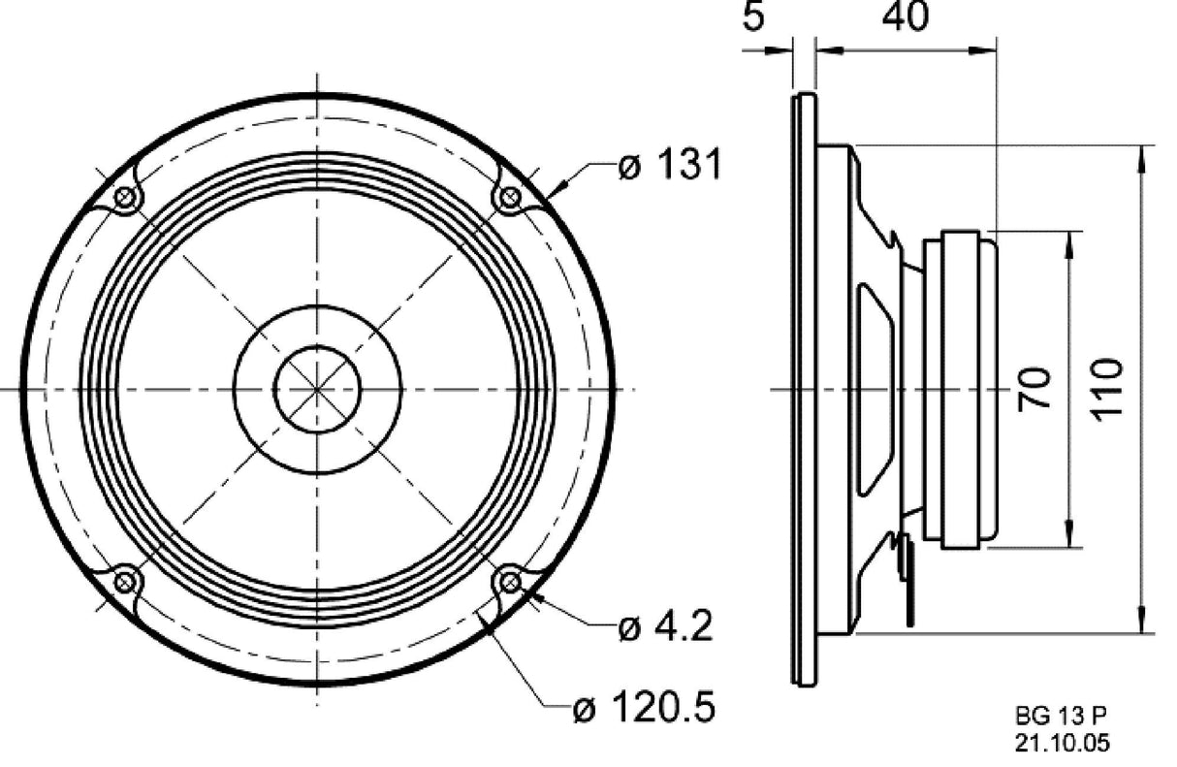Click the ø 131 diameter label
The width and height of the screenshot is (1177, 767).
pyautogui.click(x=670, y=166)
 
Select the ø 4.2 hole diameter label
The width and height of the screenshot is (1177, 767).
pyautogui.click(x=665, y=628)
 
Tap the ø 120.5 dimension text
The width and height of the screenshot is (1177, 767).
pyautogui.click(x=644, y=709)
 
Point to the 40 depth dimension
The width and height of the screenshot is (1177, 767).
pyautogui.click(x=905, y=16)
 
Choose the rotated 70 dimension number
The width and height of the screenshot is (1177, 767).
pyautogui.click(x=1035, y=389)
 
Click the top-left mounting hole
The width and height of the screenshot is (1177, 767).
pyautogui.click(x=124, y=198)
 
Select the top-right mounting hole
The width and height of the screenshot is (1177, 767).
pyautogui.click(x=508, y=198)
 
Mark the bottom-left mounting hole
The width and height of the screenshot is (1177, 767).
pyautogui.click(x=124, y=582)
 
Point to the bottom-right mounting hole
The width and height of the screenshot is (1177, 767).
pyautogui.click(x=508, y=582)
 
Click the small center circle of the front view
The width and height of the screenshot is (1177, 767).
pyautogui.click(x=317, y=389)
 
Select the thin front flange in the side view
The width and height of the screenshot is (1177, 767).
pyautogui.click(x=804, y=389)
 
